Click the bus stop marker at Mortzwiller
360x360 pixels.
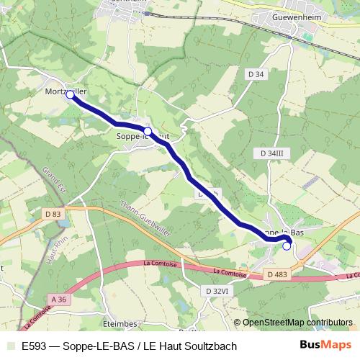[70, 94]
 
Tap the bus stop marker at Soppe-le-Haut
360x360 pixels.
[148, 131]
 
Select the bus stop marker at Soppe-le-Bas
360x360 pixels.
[287, 246]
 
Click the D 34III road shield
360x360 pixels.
[271, 153]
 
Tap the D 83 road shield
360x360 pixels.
[53, 214]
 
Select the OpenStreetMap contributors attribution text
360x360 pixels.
[293, 323]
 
